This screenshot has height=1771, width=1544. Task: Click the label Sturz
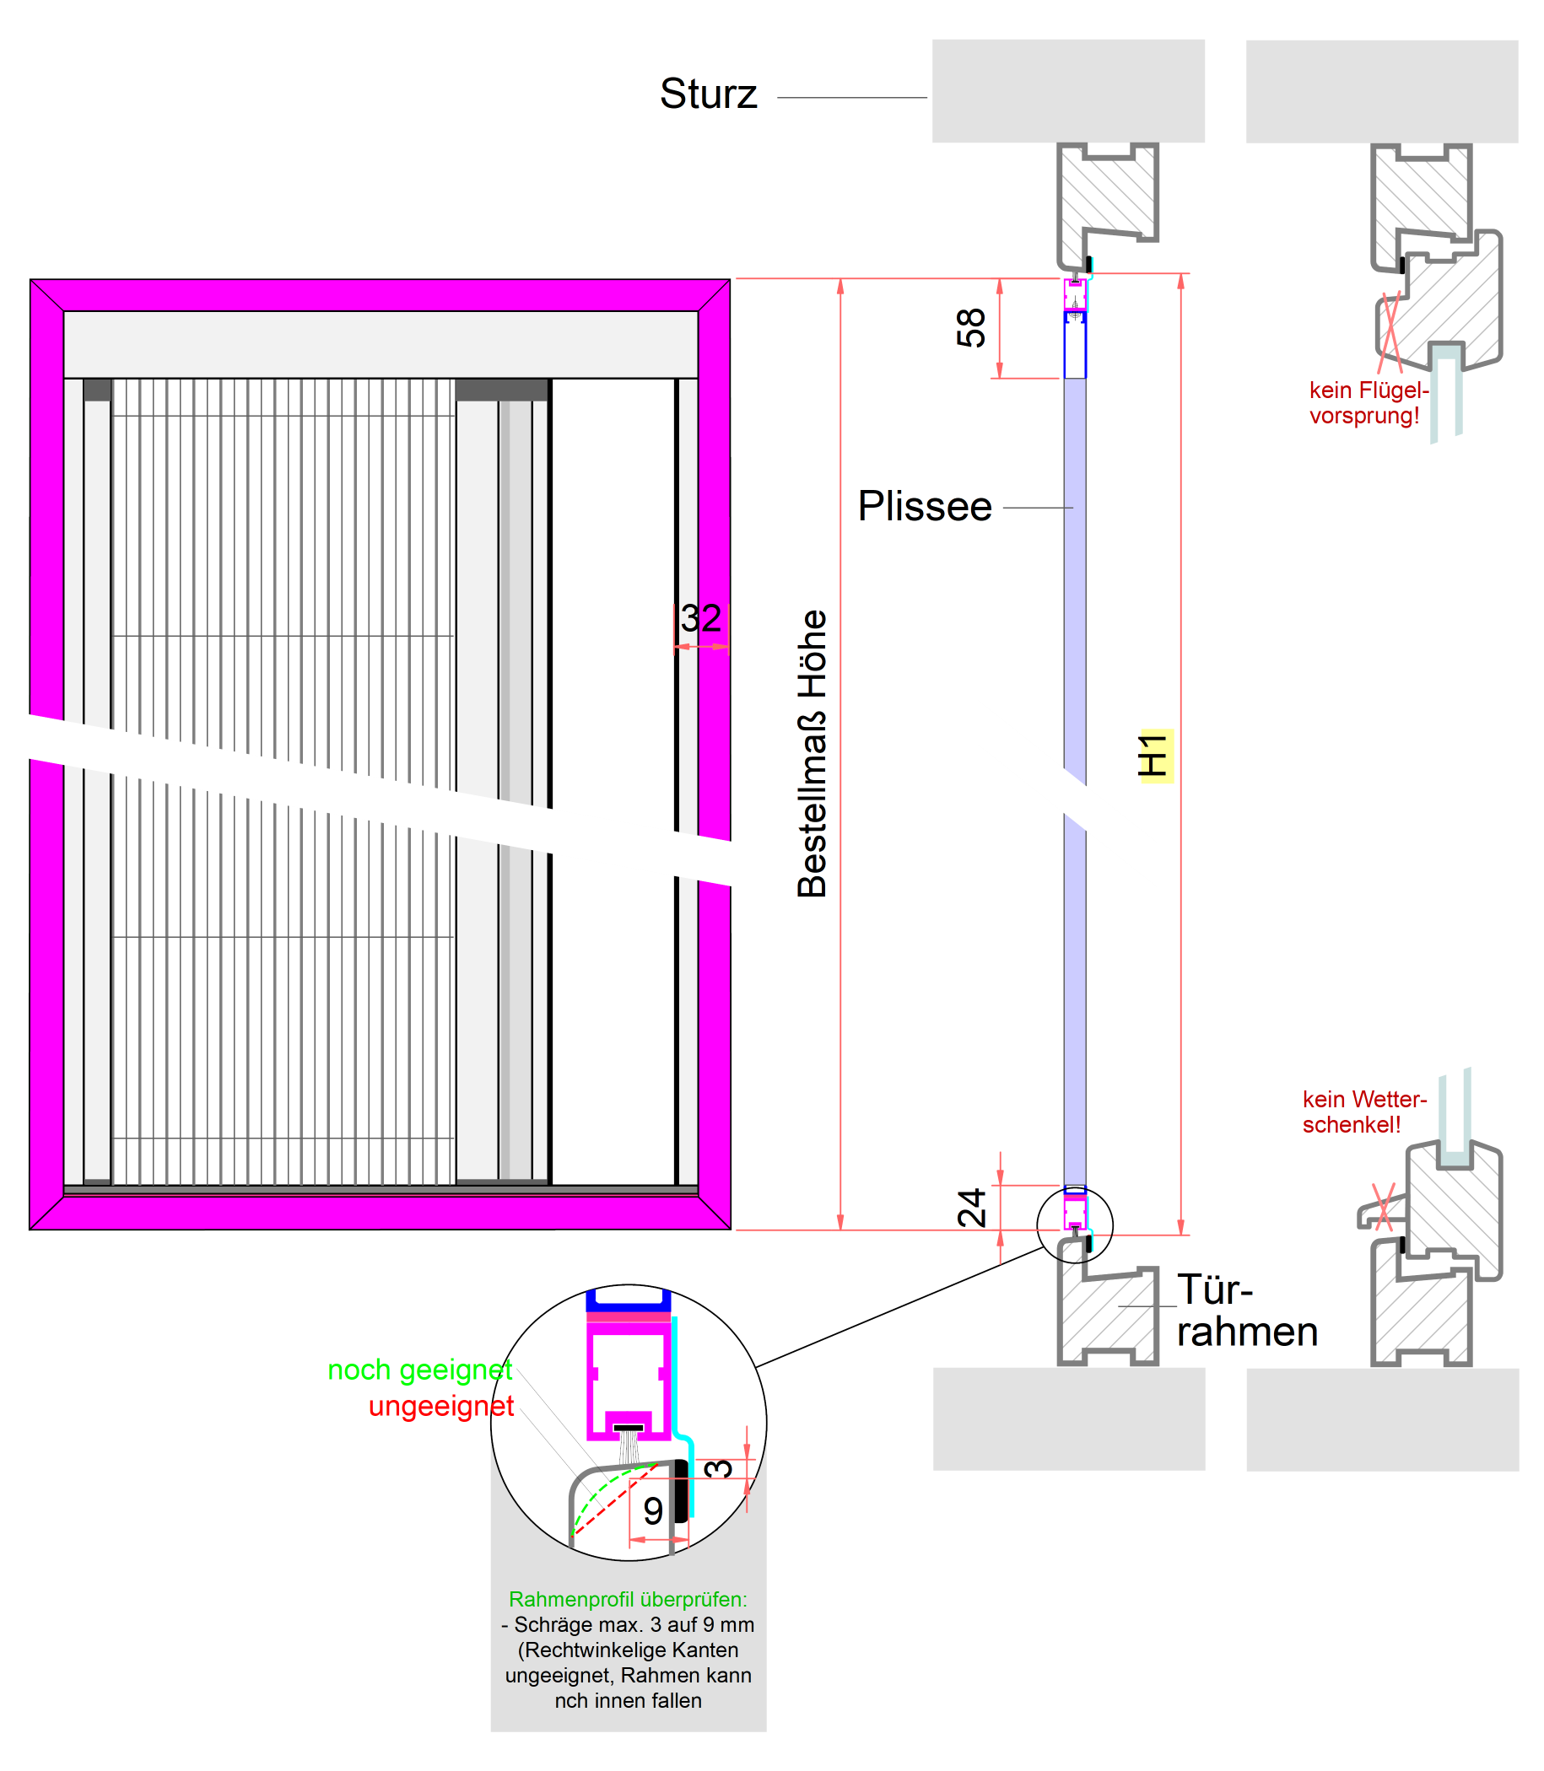tap(708, 94)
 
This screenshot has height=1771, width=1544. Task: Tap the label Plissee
tap(925, 507)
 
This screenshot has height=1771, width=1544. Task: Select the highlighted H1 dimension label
tap(1154, 756)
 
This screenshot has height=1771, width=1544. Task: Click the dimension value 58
tap(971, 328)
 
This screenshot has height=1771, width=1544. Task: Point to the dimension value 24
tap(972, 1208)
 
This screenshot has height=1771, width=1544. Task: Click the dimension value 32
tap(700, 618)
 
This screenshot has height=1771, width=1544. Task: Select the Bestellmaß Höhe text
tap(812, 754)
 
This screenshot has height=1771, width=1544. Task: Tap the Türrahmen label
tap(1246, 1311)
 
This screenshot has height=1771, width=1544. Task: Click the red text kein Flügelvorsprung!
tap(1369, 403)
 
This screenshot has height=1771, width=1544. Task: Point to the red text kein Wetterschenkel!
tap(1363, 1112)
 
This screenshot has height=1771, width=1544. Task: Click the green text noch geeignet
tap(419, 1370)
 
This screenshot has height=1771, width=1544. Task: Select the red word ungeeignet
tap(441, 1406)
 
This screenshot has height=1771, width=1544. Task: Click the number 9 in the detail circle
tap(653, 1511)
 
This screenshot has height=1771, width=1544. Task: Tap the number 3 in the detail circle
tap(719, 1468)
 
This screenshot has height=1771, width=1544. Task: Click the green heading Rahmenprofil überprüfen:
tap(628, 1600)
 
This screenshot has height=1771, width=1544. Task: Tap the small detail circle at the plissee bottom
tap(1074, 1225)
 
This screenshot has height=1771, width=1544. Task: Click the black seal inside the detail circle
tap(682, 1490)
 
